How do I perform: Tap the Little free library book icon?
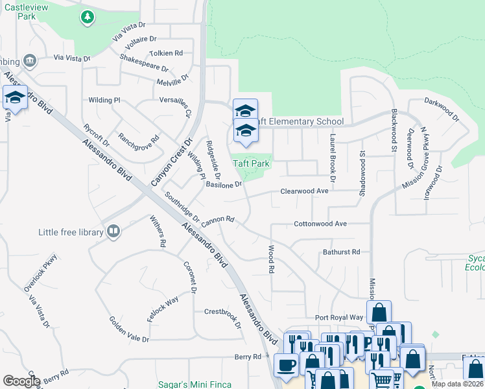click(x=113, y=231)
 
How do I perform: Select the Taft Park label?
click(x=252, y=164)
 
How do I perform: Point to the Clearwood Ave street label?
click(x=304, y=191)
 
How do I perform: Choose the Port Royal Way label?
click(x=339, y=318)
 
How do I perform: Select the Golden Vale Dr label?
click(x=129, y=330)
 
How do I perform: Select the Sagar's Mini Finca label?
click(x=194, y=384)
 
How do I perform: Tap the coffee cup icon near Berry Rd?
click(x=286, y=365)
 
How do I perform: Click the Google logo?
click(x=21, y=381)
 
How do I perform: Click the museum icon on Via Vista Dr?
click(x=29, y=61)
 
